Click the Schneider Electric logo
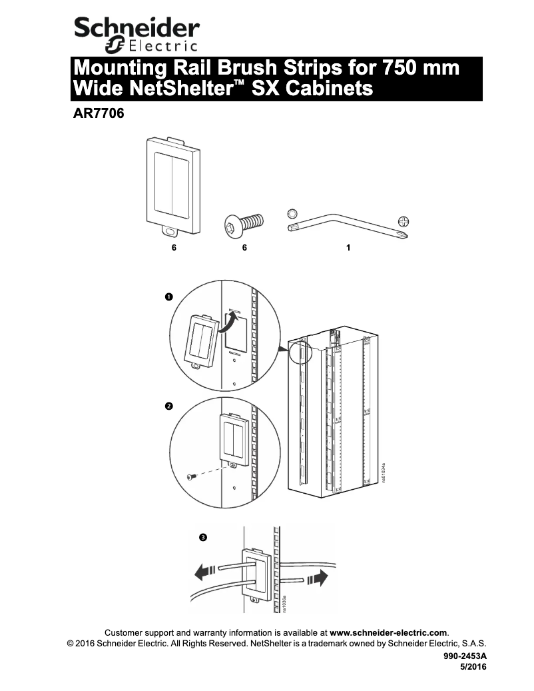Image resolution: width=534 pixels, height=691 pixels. [136, 33]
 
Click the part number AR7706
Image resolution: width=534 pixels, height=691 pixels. [98, 113]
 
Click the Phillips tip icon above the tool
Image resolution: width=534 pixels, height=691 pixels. [403, 221]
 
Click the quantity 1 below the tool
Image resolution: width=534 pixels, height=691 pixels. [348, 247]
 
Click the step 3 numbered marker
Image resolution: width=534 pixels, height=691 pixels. [203, 536]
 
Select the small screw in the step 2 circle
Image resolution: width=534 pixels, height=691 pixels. [191, 476]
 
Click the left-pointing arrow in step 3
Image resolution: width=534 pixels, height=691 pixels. [205, 571]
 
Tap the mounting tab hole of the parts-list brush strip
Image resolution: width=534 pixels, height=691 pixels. [170, 231]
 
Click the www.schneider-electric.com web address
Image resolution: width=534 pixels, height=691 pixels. [389, 632]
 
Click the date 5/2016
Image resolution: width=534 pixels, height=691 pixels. [473, 666]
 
